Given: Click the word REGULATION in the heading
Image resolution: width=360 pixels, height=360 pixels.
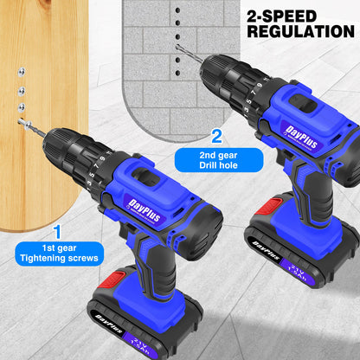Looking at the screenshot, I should point(299,30).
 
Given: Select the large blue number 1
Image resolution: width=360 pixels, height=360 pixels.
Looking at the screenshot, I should point(58,231).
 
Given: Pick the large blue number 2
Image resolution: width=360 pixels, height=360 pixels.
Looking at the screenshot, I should point(216,136).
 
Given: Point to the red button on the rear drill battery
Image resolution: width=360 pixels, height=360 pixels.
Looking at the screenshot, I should point(269,205).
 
